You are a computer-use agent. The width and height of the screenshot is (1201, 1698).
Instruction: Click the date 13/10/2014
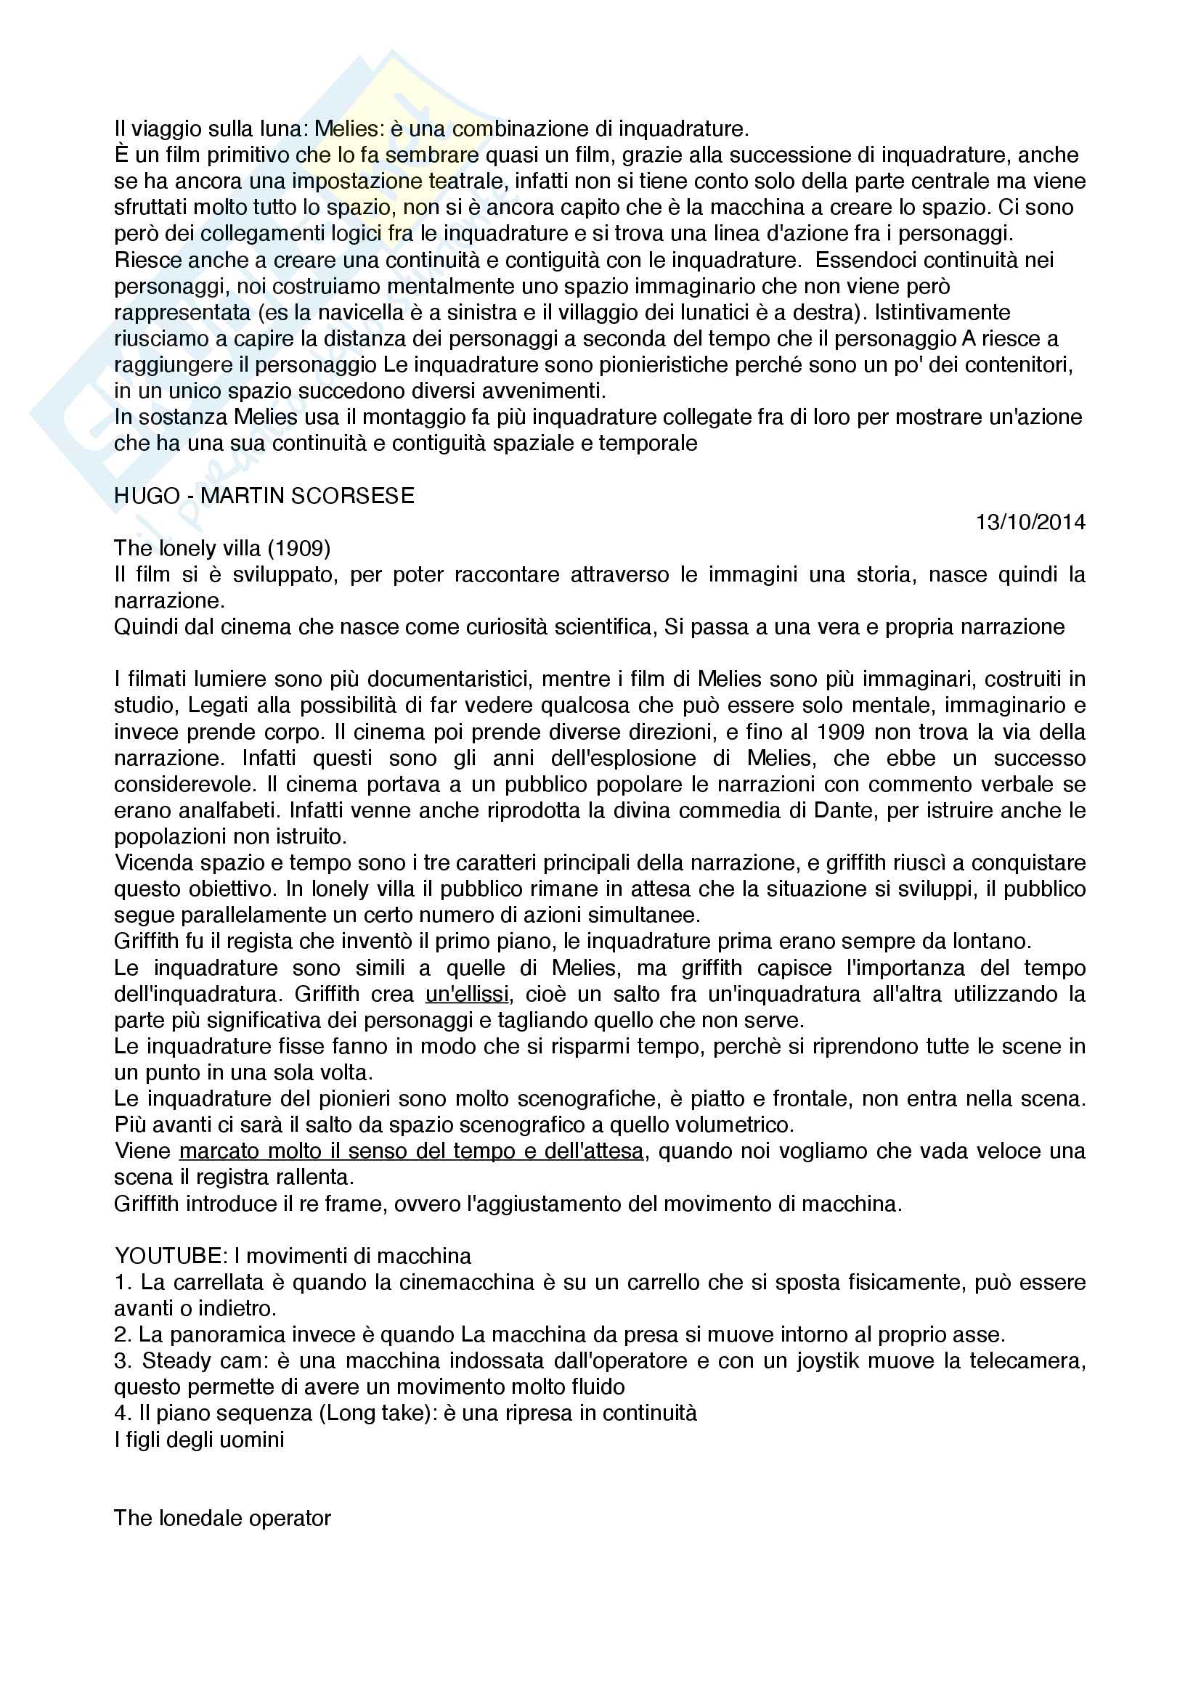(x=1030, y=522)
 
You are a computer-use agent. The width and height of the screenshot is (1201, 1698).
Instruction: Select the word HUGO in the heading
(x=147, y=496)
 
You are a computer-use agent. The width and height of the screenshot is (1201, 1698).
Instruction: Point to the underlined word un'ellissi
(x=467, y=994)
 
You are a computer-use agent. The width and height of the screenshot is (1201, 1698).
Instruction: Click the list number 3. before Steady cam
(x=123, y=1360)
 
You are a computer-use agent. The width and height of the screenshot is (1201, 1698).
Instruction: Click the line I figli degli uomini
(x=199, y=1439)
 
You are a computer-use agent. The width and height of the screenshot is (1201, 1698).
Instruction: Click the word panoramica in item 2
(x=228, y=1335)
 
